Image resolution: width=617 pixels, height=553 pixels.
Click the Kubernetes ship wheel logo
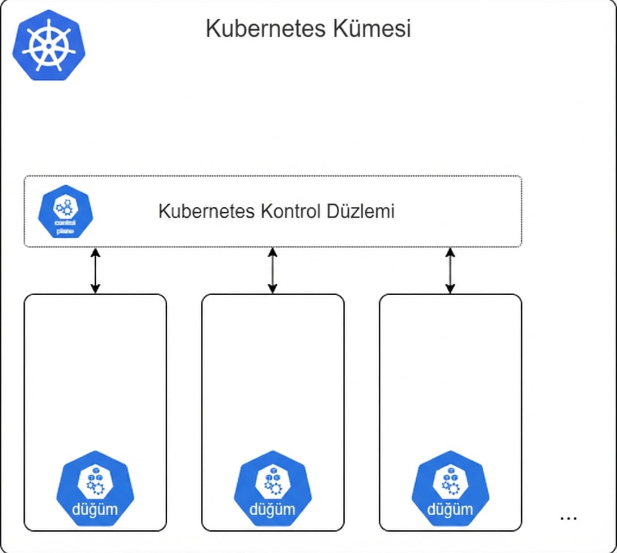coord(49,44)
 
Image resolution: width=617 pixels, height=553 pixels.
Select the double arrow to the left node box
coord(95,270)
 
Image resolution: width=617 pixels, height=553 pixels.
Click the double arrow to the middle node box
coord(273,270)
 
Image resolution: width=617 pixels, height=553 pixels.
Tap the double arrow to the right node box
coord(450,270)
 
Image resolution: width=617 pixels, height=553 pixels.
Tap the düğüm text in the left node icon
coord(95,509)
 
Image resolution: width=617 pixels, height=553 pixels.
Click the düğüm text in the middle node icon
coord(273,509)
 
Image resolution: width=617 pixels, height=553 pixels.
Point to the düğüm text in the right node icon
coord(450,509)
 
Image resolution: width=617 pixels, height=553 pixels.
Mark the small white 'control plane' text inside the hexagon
coord(65,227)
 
